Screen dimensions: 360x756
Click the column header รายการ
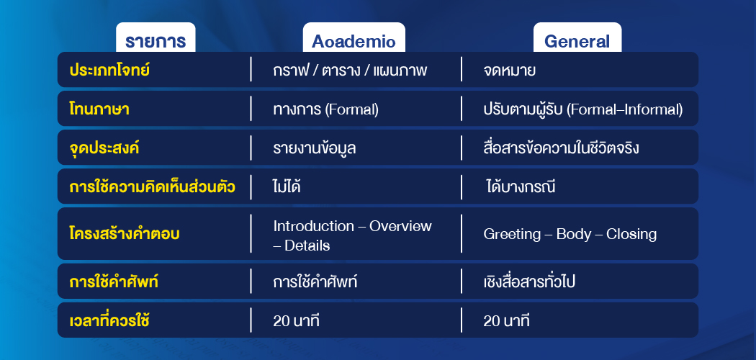pyautogui.click(x=156, y=41)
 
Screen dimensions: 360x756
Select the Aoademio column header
pyautogui.click(x=354, y=41)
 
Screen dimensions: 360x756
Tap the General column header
pyautogui.click(x=577, y=41)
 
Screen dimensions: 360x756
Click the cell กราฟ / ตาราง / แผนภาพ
pyautogui.click(x=351, y=71)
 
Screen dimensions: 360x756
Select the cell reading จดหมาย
pyautogui.click(x=510, y=71)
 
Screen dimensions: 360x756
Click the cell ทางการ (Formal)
pyautogui.click(x=326, y=109)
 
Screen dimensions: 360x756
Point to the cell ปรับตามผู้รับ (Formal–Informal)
pyautogui.click(x=582, y=109)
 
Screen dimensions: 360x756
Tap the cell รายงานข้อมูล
pyautogui.click(x=315, y=148)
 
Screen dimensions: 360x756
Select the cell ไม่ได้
pyautogui.click(x=287, y=187)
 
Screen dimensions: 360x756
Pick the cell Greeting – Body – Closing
pyautogui.click(x=570, y=234)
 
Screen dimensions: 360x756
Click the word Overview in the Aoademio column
pyautogui.click(x=400, y=226)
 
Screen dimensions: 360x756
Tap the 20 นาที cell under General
pyautogui.click(x=506, y=320)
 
